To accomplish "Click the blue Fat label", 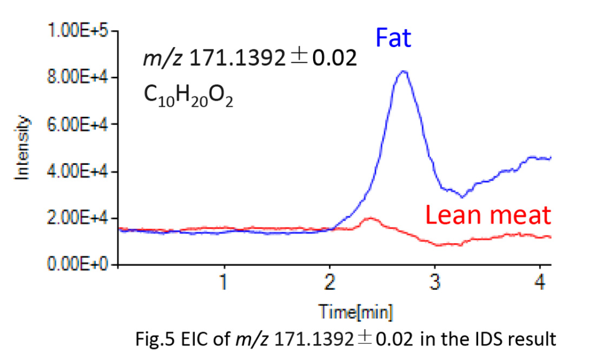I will (x=393, y=39).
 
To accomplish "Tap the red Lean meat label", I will (x=487, y=216).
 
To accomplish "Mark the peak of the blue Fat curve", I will (x=403, y=72).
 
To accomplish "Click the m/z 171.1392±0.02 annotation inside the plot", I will (x=249, y=59).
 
